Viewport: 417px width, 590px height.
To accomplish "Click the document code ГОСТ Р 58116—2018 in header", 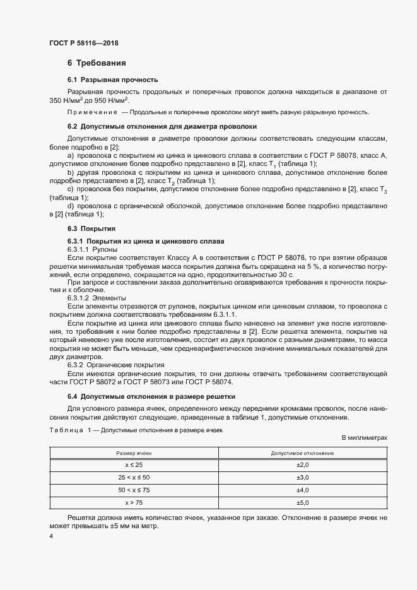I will click(83, 44).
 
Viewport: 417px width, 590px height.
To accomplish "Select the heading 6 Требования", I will click(97, 63).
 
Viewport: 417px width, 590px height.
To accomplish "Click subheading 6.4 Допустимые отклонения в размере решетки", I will click(151, 396).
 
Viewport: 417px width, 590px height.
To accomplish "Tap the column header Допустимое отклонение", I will click(302, 454).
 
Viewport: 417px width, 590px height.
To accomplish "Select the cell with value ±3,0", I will click(302, 477).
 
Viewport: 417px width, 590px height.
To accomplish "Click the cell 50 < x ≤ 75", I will click(134, 490).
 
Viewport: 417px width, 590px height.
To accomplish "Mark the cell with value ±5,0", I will click(302, 502).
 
